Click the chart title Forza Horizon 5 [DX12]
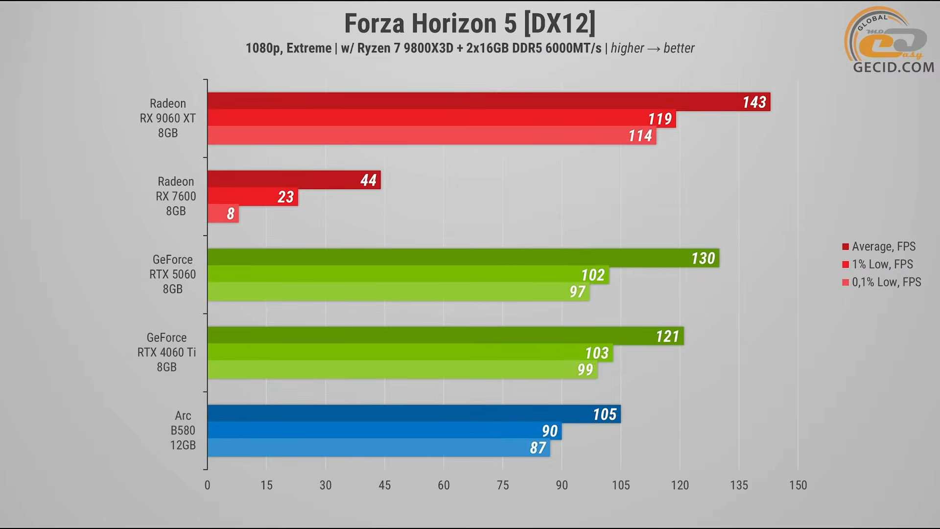click(470, 24)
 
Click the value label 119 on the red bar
click(659, 119)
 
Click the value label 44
click(368, 180)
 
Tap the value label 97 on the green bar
click(577, 292)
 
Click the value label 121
click(667, 337)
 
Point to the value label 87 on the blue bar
click(538, 448)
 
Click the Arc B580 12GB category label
click(183, 431)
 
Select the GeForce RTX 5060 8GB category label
click(172, 274)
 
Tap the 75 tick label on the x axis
click(503, 485)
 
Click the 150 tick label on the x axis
click(798, 485)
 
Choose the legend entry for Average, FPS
click(883, 246)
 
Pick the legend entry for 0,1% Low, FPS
click(886, 282)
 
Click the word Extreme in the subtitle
click(309, 48)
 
